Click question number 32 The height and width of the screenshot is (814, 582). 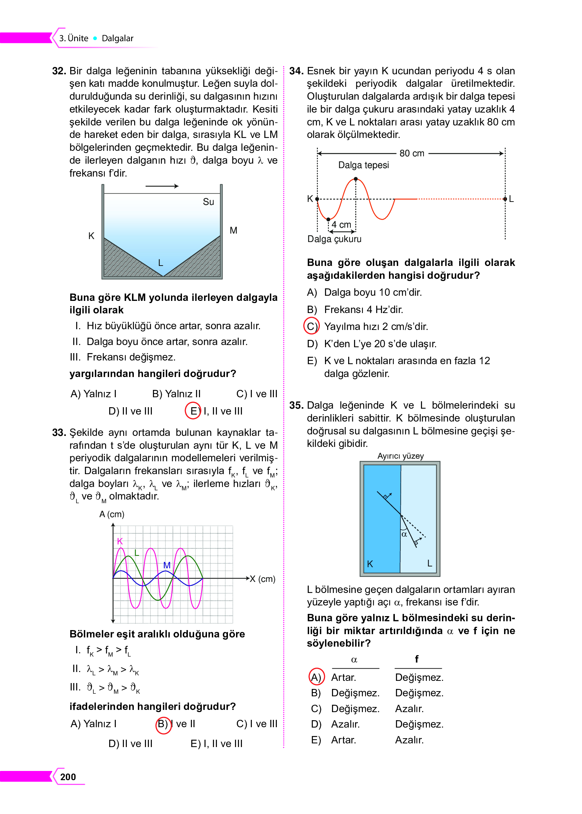click(x=59, y=71)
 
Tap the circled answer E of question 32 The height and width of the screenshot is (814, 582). click(x=193, y=411)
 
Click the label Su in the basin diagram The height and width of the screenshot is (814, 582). click(x=208, y=202)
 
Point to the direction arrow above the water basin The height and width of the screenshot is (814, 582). click(x=162, y=186)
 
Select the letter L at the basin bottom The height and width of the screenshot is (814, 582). click(x=160, y=263)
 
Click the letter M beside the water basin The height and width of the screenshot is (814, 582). click(x=233, y=230)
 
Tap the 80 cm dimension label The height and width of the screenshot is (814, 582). click(x=412, y=153)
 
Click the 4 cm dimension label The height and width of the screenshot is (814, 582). click(x=341, y=224)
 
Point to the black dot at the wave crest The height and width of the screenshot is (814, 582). click(x=356, y=179)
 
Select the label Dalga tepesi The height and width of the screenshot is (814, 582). click(x=363, y=165)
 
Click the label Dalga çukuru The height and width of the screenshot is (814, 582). click(x=334, y=239)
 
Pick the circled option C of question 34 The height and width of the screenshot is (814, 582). click(x=311, y=326)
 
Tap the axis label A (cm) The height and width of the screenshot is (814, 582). click(x=112, y=514)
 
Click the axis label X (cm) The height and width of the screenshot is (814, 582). click(x=263, y=579)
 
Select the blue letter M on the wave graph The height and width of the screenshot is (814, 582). click(x=167, y=565)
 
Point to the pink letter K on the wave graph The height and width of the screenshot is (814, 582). click(x=119, y=541)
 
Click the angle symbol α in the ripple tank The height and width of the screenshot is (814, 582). click(x=404, y=534)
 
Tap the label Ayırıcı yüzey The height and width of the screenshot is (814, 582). click(x=400, y=456)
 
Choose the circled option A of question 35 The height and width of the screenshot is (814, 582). click(x=316, y=677)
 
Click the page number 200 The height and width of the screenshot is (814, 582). click(x=68, y=777)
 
